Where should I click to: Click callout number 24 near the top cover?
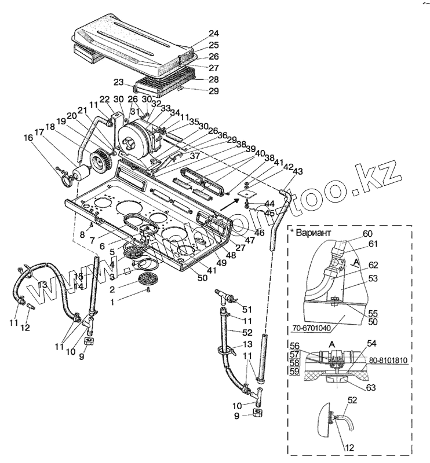tap(198, 33)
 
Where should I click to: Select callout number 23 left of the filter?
tap(119, 82)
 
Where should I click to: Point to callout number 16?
tap(28, 138)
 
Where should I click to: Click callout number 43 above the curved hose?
tap(298, 171)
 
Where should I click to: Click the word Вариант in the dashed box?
tap(314, 233)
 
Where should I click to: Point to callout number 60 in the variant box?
tap(367, 233)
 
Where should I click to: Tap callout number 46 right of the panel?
tap(259, 232)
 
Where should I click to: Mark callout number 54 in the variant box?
tap(371, 344)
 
